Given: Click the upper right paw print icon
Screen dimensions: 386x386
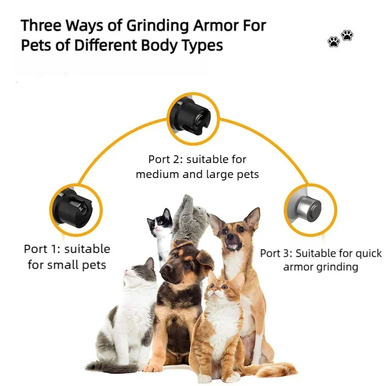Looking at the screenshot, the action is coord(347,35).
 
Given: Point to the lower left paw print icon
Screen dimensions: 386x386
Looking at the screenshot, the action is coord(333,42).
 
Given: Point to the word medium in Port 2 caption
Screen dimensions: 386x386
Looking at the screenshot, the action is coord(157,174).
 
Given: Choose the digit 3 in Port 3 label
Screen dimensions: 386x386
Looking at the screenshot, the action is coord(287,253).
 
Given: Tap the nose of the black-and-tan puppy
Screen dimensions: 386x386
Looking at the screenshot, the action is coord(165,269).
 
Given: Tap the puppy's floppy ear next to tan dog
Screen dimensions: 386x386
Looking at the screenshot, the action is coord(205,261).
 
